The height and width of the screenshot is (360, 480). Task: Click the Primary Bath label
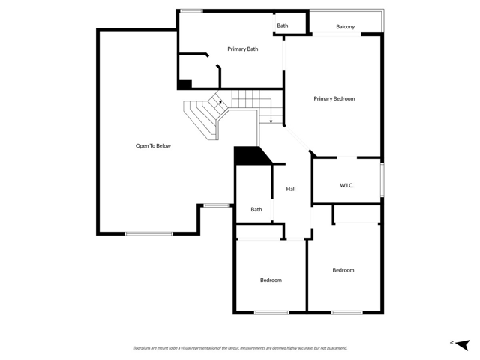click(x=242, y=49)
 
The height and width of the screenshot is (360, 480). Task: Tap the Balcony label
click(x=345, y=27)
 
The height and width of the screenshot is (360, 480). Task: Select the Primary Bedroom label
click(x=334, y=99)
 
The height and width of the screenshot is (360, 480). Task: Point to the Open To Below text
click(x=153, y=146)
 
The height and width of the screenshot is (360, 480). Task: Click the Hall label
click(x=291, y=189)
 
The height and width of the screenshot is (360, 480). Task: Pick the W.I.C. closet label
click(x=346, y=185)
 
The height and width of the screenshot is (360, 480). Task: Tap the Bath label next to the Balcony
click(x=282, y=25)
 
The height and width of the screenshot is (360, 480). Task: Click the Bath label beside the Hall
click(x=256, y=210)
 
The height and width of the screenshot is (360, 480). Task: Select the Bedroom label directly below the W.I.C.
click(x=343, y=270)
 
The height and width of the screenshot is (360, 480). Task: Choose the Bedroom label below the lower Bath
click(x=271, y=280)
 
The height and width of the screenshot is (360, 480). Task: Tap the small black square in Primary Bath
click(x=184, y=84)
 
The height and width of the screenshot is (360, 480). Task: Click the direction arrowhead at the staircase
click(x=271, y=121)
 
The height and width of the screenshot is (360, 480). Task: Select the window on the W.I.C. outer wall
click(x=382, y=180)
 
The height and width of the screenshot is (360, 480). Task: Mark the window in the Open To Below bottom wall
click(x=148, y=233)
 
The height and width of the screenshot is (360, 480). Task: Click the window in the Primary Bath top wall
click(x=191, y=10)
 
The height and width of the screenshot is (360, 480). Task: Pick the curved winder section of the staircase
click(x=205, y=116)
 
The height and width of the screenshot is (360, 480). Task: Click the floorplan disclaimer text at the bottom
click(x=240, y=348)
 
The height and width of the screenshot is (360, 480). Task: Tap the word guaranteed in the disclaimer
click(x=334, y=348)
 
